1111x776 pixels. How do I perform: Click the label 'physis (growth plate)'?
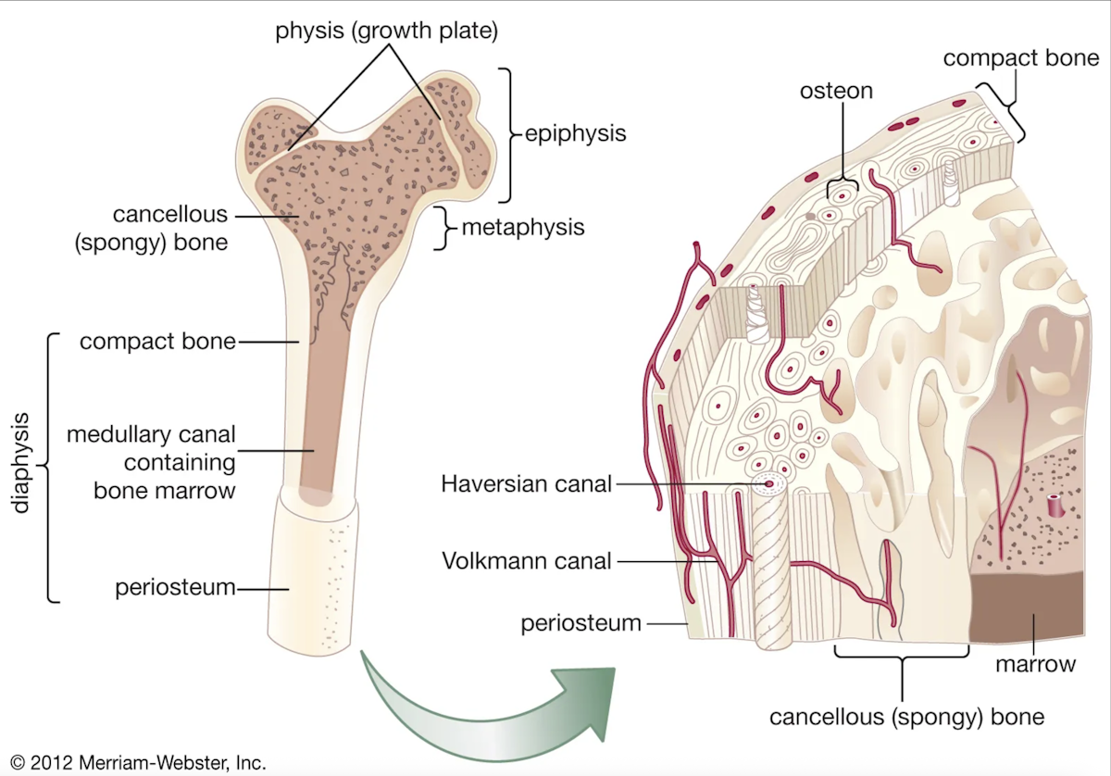[387, 31]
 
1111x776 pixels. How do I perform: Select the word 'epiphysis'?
[576, 133]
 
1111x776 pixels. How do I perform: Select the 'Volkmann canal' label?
[526, 560]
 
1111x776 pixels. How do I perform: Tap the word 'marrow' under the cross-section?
[1035, 664]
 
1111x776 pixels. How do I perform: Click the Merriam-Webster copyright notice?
[134, 763]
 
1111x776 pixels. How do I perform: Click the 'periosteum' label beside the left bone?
[175, 587]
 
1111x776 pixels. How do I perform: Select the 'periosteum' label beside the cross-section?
[580, 623]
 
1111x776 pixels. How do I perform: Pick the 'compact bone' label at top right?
[1021, 58]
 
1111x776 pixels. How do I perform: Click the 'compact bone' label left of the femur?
[157, 342]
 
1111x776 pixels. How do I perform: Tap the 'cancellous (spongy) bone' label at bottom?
[906, 717]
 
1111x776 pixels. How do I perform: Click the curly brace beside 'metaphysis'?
[444, 227]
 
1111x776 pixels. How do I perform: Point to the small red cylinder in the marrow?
[1055, 506]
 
